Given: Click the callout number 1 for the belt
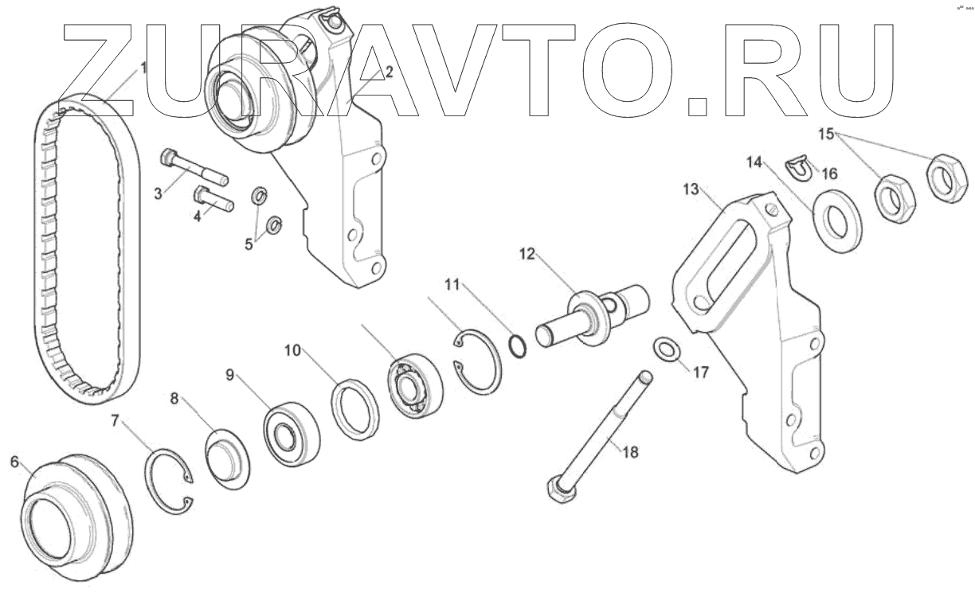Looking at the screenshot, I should pyautogui.click(x=143, y=68).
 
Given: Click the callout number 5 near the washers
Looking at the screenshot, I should pyautogui.click(x=249, y=244).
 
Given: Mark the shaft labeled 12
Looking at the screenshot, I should pyautogui.click(x=593, y=314).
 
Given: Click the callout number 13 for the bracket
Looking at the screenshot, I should pyautogui.click(x=690, y=189).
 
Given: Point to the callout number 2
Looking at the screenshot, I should pyautogui.click(x=389, y=72).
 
